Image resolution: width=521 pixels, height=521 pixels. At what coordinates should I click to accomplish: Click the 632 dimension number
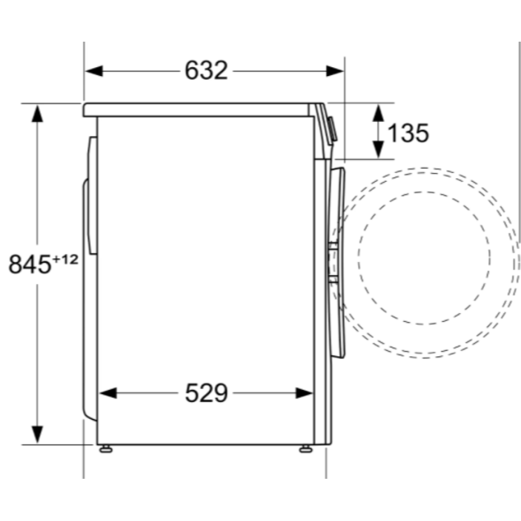coord(206,70)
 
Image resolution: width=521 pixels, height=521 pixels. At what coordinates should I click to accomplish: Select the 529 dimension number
coord(206,393)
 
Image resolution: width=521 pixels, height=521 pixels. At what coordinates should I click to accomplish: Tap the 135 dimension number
coord(408,133)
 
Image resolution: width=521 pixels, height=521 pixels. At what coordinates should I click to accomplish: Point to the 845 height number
coord(30,264)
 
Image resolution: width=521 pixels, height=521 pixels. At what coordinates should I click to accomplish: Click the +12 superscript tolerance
coord(65,259)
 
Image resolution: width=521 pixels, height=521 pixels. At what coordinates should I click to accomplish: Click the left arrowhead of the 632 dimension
coord(94,71)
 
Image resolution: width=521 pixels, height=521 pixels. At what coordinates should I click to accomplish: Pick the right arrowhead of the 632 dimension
coord(334,71)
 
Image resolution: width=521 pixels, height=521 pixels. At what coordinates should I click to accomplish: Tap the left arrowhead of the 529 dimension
coord(108,393)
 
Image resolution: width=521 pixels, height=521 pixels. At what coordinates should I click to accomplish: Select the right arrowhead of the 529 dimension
coord(304,393)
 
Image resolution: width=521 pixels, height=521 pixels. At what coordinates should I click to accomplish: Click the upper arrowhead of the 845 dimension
coord(37,113)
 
